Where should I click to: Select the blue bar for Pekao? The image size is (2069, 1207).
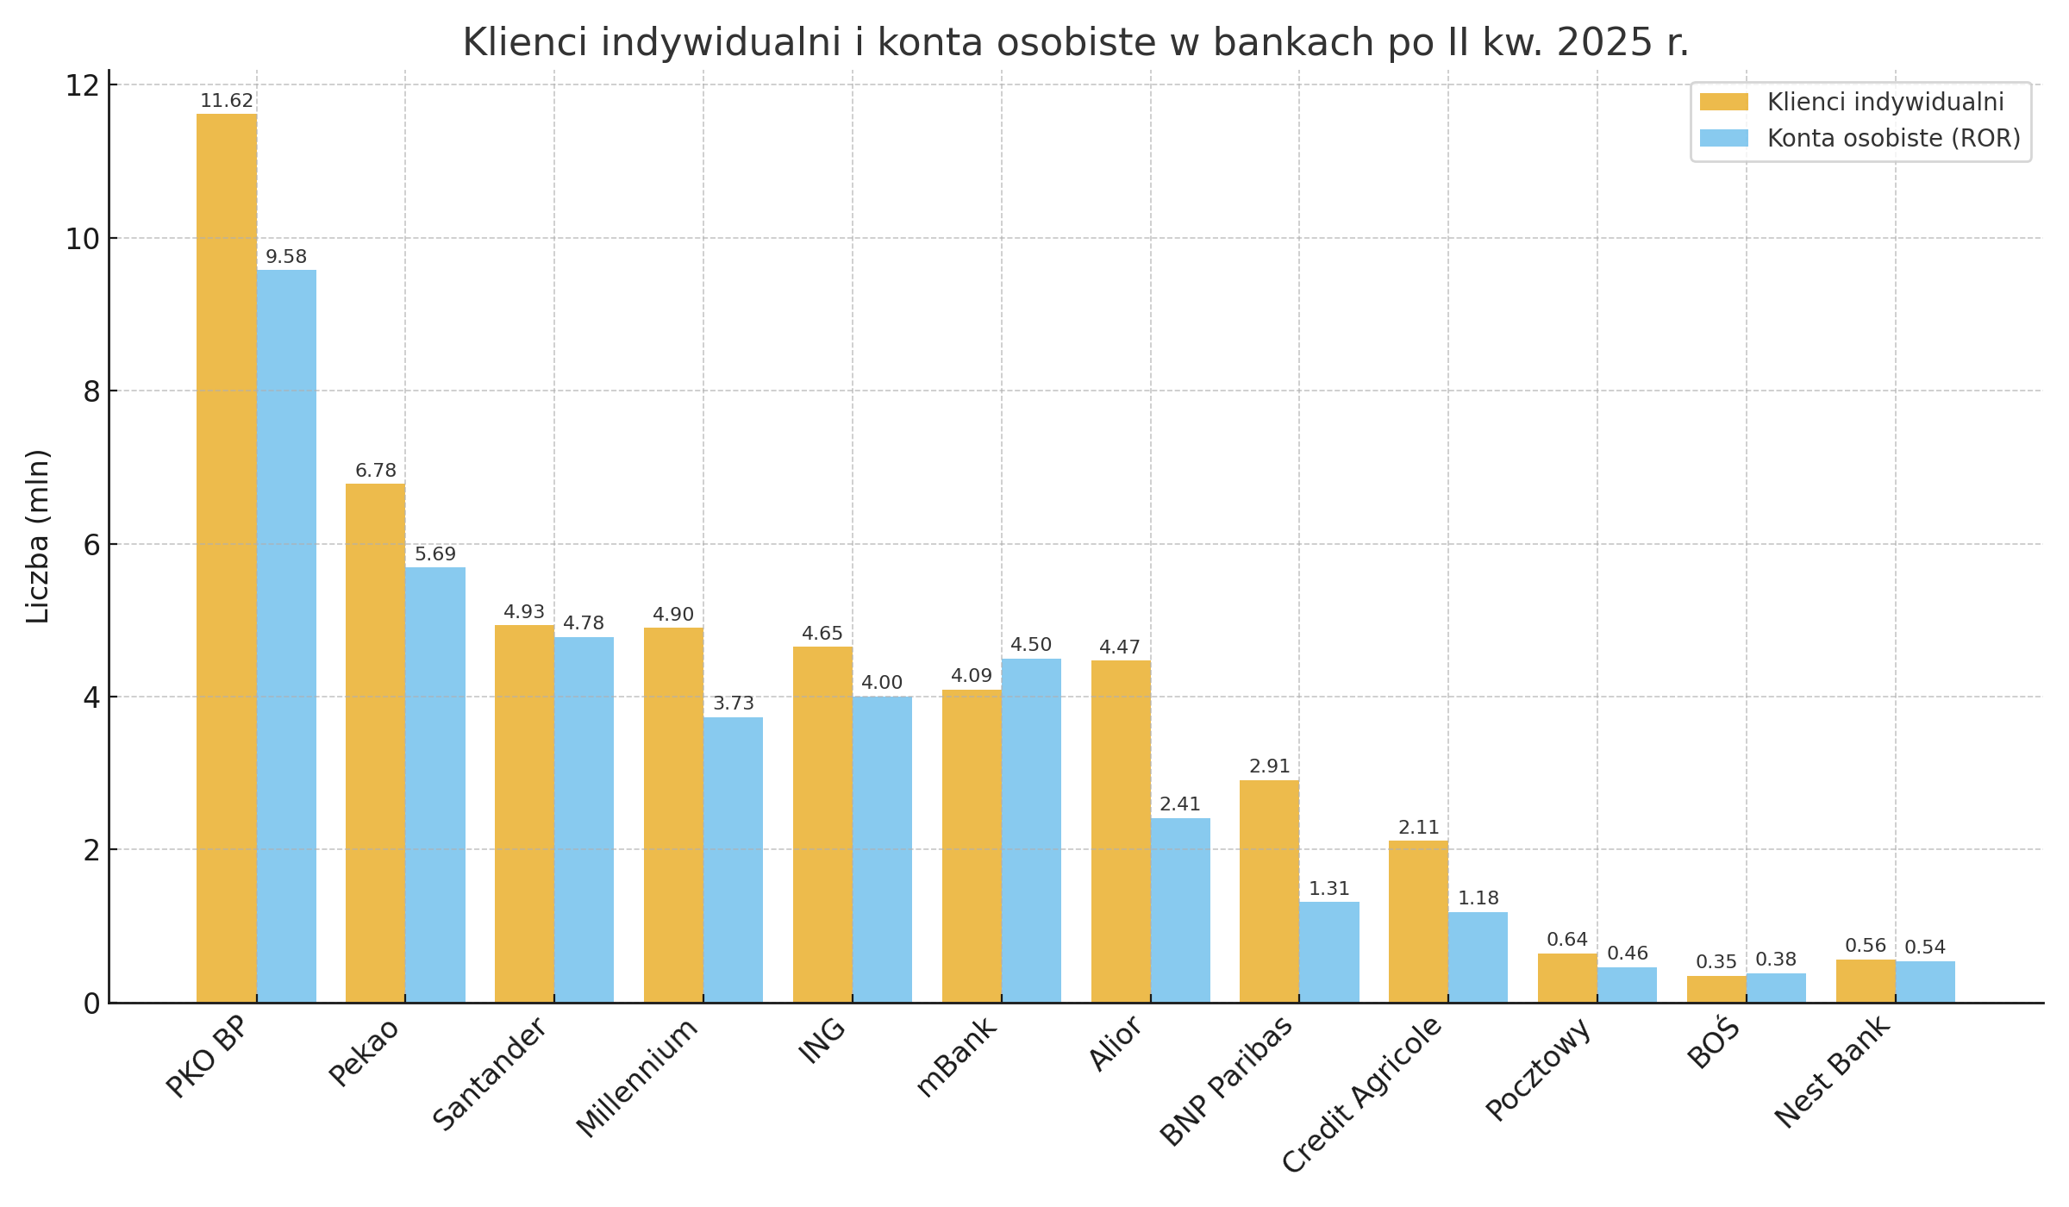(x=435, y=785)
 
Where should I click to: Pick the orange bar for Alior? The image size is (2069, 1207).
(x=1121, y=831)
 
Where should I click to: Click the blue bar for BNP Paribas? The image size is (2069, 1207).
(x=1329, y=952)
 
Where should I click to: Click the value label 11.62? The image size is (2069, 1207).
(x=227, y=101)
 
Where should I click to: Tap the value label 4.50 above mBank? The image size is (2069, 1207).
(x=1031, y=645)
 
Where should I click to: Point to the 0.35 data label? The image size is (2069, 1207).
(x=1716, y=962)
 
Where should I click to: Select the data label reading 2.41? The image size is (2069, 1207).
(x=1180, y=804)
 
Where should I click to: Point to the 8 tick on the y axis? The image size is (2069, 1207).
(x=91, y=391)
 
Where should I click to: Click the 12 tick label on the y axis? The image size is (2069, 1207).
(x=83, y=85)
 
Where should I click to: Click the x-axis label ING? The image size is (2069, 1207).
(x=822, y=1041)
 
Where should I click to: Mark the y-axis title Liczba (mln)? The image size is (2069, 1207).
(x=38, y=536)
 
